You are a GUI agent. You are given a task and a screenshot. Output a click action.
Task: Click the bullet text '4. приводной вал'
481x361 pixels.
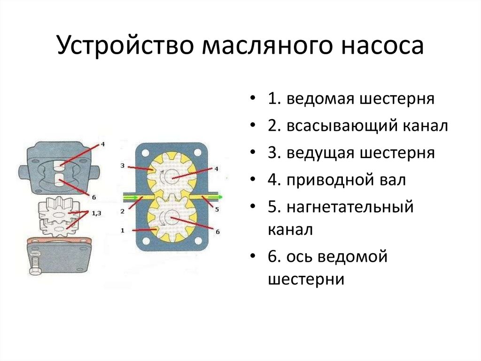pyautogui.click(x=337, y=180)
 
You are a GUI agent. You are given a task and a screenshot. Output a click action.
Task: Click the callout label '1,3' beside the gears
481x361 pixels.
pyautogui.click(x=96, y=213)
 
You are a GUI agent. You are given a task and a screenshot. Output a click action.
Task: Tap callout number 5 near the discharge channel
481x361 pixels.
pyautogui.click(x=217, y=210)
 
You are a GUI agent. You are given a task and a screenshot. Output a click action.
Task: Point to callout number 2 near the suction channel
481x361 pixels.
pyautogui.click(x=122, y=211)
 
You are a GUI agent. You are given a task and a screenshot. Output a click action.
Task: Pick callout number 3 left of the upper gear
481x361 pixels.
pyautogui.click(x=122, y=166)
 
